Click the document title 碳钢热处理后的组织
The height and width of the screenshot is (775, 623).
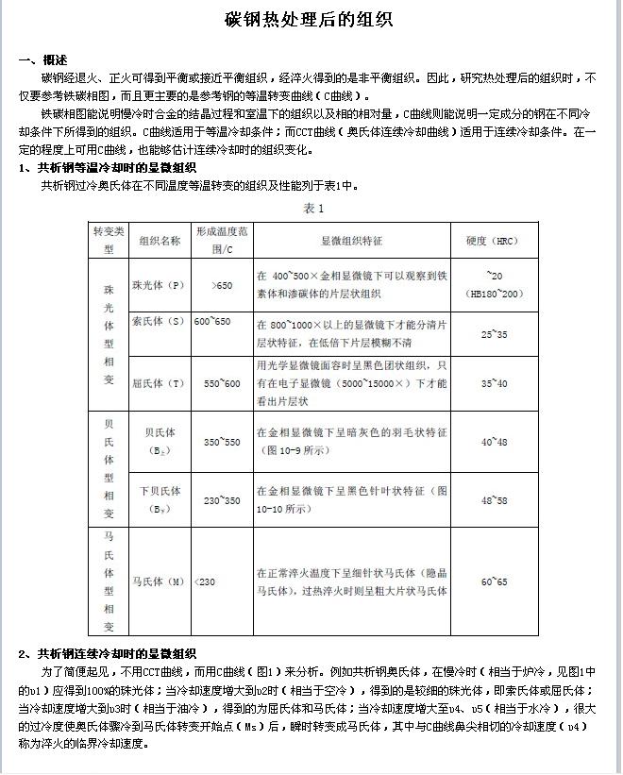(309, 20)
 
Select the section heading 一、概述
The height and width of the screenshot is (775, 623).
(42, 59)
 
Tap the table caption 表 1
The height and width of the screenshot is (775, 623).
(313, 208)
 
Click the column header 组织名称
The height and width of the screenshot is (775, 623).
(160, 241)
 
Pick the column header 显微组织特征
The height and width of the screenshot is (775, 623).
(352, 241)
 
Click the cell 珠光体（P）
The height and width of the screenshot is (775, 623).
(159, 285)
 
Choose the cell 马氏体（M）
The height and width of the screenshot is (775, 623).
(159, 581)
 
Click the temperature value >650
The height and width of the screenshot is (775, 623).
(223, 285)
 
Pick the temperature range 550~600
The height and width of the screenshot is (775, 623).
(222, 383)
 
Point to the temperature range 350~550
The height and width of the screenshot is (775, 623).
(222, 442)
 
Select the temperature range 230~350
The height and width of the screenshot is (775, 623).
(222, 500)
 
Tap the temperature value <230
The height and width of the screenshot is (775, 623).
(205, 581)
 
